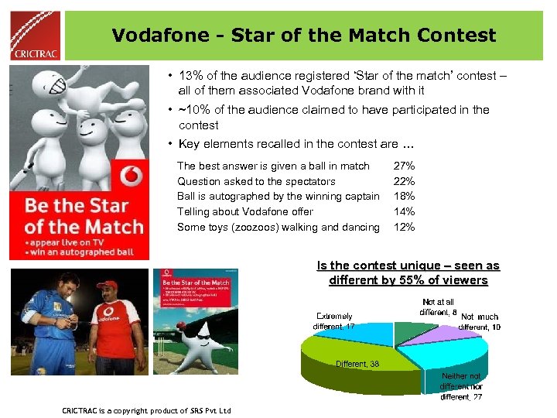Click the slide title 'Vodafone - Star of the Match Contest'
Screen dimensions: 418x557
pos(303,35)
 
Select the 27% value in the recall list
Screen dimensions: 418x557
pos(404,166)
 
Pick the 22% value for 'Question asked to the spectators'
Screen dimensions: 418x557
pos(404,181)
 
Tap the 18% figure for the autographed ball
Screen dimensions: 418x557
pos(404,196)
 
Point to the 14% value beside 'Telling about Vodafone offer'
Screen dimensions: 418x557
pos(404,211)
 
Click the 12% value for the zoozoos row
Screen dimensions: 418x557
pos(404,227)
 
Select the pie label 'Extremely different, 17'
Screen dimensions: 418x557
pos(333,321)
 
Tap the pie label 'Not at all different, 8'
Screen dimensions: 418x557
pos(438,307)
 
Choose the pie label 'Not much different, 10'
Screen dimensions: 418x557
pos(480,321)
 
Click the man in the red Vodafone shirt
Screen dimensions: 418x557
pos(115,325)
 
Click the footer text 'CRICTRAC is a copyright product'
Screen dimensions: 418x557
pos(146,410)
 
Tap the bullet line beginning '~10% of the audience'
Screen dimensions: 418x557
pos(333,117)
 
